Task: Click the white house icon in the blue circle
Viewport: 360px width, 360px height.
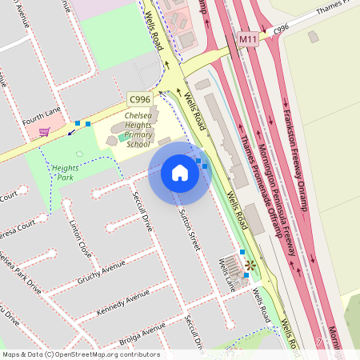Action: tap(179, 172)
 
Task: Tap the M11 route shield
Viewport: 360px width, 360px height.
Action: tap(248, 38)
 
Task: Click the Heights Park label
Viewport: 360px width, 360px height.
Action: tap(64, 172)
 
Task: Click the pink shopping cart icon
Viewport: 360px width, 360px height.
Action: tap(44, 132)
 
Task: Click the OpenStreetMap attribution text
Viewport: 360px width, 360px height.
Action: tap(80, 354)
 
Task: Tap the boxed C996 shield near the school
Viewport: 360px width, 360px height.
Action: tap(137, 98)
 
